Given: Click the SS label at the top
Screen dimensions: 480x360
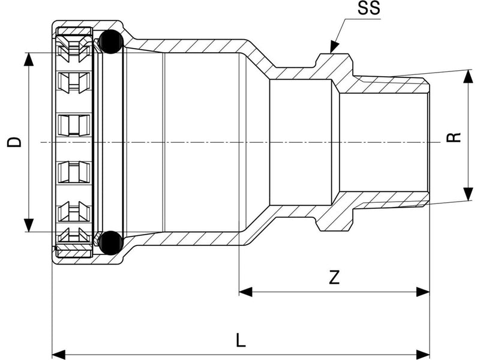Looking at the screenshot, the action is (x=369, y=8).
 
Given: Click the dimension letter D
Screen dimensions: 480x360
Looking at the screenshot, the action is (x=14, y=142).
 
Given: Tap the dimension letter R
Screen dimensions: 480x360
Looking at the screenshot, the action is (x=454, y=137).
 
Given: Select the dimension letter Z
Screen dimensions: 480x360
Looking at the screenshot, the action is (x=334, y=278).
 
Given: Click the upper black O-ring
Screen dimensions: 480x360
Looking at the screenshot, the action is (x=111, y=41).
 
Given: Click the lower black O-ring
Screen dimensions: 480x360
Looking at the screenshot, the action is (x=111, y=243).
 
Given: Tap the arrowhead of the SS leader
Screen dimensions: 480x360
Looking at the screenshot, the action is (x=334, y=47).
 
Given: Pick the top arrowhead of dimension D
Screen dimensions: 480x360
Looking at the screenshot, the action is (x=28, y=59).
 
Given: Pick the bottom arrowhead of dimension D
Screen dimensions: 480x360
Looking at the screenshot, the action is (x=28, y=225).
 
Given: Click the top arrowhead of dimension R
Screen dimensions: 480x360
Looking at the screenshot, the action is (x=467, y=77).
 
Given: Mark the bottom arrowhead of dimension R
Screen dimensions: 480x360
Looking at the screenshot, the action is (x=467, y=194).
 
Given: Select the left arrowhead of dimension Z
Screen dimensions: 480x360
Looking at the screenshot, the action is (x=245, y=292).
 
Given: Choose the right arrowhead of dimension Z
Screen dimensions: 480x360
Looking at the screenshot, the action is (x=423, y=292).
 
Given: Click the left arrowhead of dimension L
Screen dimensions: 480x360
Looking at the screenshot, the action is (x=59, y=355).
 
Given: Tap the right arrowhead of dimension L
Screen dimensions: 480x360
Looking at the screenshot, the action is (x=423, y=355).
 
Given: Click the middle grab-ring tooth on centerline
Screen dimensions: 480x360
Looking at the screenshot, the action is (x=74, y=125).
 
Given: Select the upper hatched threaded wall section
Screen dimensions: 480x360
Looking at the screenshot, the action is (x=389, y=85).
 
